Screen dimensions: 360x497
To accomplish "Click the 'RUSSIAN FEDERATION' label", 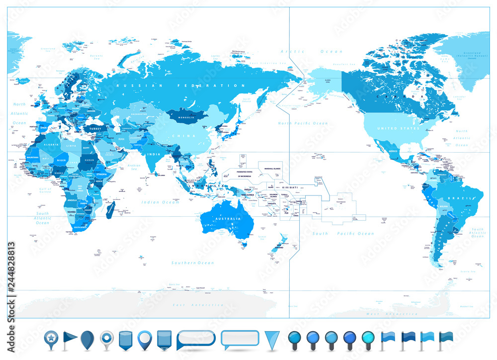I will pyautogui.click(x=181, y=86).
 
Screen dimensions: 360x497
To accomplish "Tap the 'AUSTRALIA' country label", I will pyautogui.click(x=227, y=218).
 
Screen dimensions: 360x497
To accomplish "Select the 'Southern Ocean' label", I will pyautogui.click(x=193, y=263).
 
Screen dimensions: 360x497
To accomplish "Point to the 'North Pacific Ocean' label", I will pyautogui.click(x=303, y=123).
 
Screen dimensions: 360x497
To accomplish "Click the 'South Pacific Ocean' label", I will pyautogui.click(x=343, y=233).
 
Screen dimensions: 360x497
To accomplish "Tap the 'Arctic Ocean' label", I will pyautogui.click(x=311, y=51).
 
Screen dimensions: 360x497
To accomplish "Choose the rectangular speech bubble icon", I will pyautogui.click(x=240, y=338).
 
